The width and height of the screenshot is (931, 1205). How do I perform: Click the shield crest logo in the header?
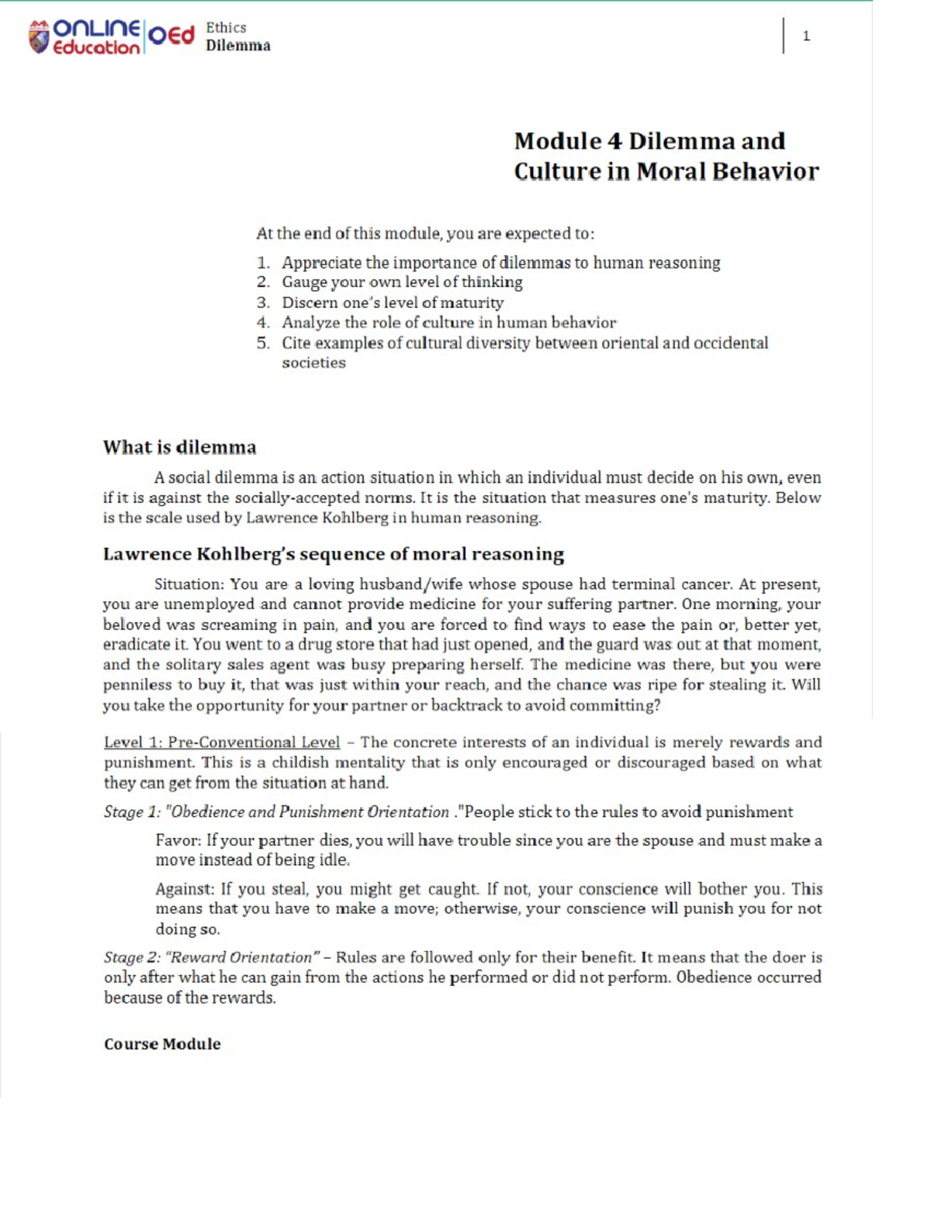pos(39,37)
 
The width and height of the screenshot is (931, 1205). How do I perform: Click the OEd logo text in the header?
pos(171,36)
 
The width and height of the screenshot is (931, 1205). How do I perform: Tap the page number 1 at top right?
pos(806,36)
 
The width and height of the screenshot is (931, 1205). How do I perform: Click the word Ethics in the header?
pos(226,27)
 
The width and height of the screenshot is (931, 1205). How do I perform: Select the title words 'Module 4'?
pos(568,141)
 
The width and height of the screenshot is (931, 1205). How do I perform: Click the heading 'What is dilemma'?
pos(179,447)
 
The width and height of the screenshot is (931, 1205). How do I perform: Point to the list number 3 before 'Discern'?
pos(263,303)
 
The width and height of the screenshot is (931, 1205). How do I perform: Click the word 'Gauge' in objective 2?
pos(303,282)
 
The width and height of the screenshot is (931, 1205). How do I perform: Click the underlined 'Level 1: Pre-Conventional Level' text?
pos(222,743)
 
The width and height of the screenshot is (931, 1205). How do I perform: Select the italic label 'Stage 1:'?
pos(133,812)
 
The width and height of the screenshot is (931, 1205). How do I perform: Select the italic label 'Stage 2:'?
pos(133,957)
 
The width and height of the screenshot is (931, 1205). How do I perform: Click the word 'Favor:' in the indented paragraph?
pos(178,840)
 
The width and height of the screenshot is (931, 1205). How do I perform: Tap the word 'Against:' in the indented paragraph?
pos(185,889)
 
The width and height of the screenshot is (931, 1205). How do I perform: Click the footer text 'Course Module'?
pos(162,1044)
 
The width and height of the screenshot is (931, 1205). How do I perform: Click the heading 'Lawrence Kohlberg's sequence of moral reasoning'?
pos(334,554)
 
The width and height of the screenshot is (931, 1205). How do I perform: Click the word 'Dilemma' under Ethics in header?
pos(238,46)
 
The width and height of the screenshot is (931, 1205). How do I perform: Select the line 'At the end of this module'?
pos(425,234)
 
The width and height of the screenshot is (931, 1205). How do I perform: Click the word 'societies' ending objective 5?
pos(313,362)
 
